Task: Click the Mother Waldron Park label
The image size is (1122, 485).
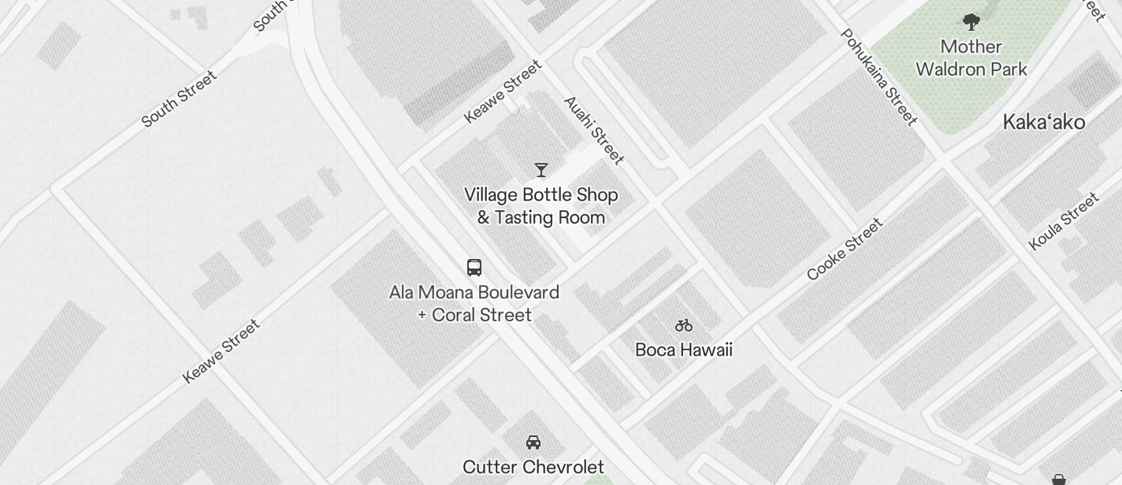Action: [971, 58]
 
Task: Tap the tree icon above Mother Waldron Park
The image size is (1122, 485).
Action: [971, 22]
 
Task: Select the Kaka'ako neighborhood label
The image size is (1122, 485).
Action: [1043, 122]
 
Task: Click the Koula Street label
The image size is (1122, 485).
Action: [1064, 221]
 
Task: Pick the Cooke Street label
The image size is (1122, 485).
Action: [845, 249]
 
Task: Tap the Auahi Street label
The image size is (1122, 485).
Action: [594, 131]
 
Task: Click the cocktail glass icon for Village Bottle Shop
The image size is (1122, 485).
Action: [541, 170]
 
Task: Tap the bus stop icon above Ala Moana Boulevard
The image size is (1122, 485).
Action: [474, 268]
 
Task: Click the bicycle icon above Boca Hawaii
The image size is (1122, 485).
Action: [683, 325]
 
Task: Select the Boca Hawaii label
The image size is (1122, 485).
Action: [683, 350]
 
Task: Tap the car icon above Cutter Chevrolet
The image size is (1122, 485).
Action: [533, 442]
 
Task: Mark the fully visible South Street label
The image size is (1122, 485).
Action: [179, 99]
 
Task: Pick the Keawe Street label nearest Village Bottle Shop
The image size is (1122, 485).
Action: [503, 91]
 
